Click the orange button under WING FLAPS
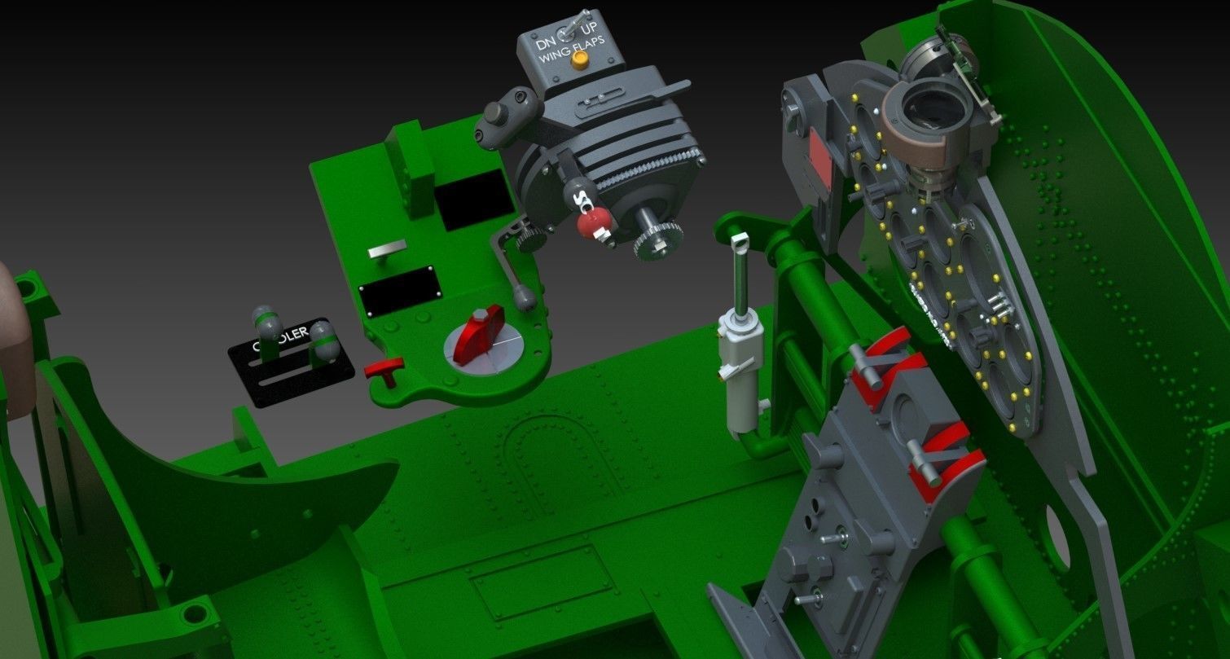[x=580, y=62]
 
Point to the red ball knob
[x=593, y=219]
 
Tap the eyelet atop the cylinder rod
[x=740, y=241]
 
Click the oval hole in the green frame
[x=1058, y=538]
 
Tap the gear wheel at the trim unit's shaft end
[x=657, y=240]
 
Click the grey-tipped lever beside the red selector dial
[x=525, y=298]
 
